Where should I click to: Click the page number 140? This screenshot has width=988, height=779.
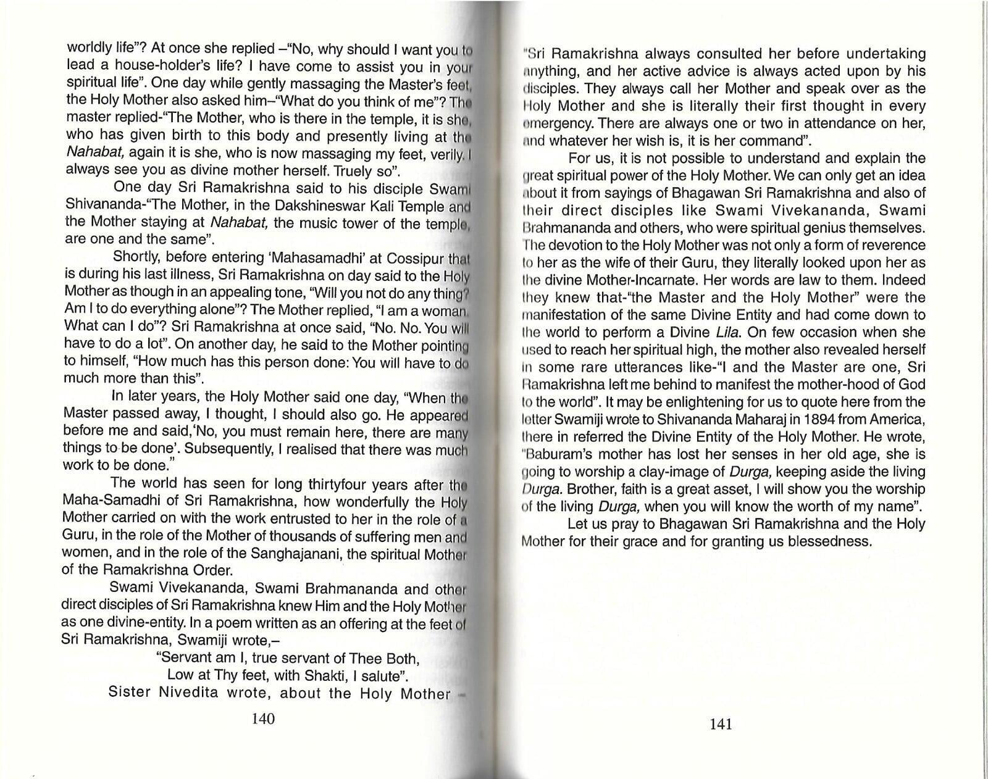coord(263,719)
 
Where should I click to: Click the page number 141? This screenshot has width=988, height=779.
coord(721,723)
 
